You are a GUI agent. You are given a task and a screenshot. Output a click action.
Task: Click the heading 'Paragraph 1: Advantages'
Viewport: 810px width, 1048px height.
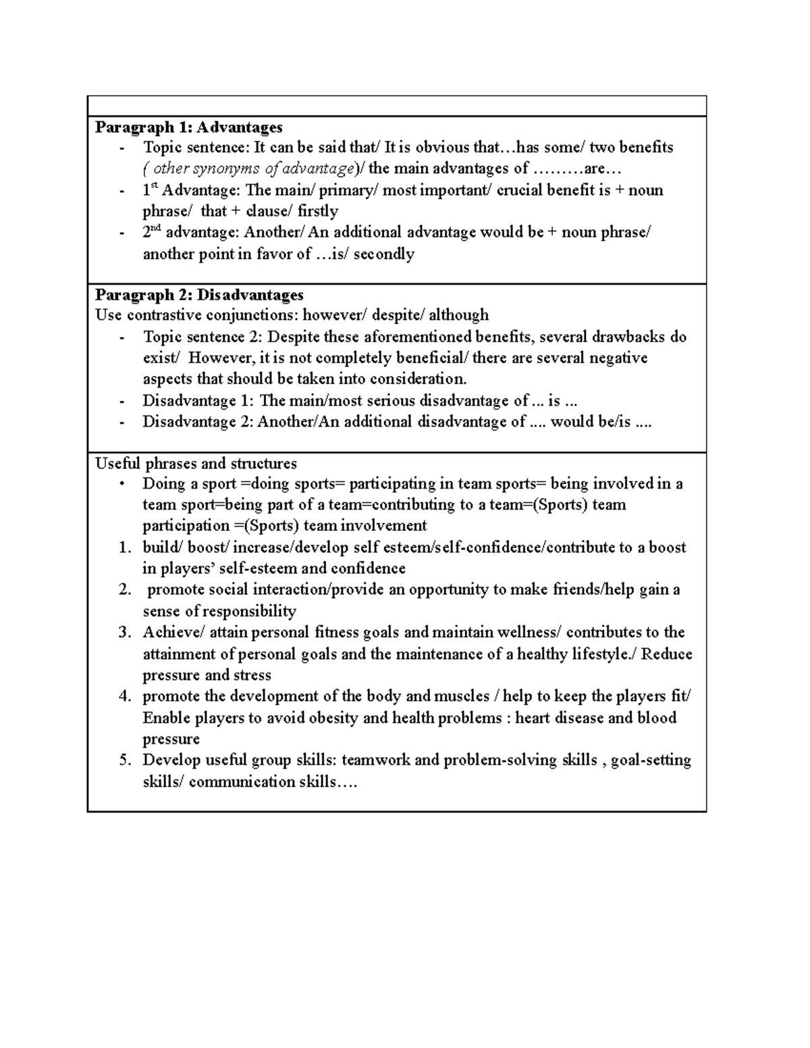[x=188, y=127]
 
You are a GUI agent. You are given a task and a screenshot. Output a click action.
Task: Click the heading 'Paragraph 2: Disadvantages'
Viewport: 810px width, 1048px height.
[x=199, y=295]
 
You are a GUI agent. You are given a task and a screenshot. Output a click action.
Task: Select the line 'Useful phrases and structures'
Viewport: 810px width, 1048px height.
[x=196, y=464]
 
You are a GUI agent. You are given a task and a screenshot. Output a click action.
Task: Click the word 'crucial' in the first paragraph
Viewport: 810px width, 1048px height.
[x=519, y=190]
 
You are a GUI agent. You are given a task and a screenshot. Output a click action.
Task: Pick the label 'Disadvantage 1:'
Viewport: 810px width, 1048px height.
[x=198, y=401]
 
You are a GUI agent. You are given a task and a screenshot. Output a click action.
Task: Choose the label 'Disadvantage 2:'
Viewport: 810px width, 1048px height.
[x=198, y=422]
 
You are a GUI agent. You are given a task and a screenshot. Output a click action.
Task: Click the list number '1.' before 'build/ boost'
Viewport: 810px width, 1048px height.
[x=124, y=547]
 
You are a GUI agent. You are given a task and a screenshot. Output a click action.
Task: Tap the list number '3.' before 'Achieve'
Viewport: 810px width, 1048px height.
[x=124, y=632]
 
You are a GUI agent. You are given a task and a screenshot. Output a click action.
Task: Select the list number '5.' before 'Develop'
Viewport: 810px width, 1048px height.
[x=124, y=761]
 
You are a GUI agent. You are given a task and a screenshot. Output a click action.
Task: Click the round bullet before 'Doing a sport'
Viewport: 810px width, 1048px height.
[x=122, y=483]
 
